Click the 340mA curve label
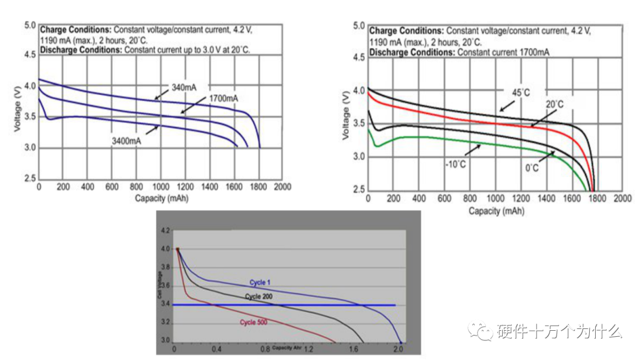[184, 88]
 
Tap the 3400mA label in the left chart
[126, 141]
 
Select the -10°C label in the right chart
[455, 162]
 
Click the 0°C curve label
[531, 169]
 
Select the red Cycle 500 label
[253, 322]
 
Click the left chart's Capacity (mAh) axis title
[159, 197]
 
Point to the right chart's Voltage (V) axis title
[346, 116]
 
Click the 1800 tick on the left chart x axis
[258, 187]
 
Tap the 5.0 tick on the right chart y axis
[358, 26]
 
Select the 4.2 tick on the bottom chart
[166, 230]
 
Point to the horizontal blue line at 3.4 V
[286, 305]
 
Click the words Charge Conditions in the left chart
[75, 29]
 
